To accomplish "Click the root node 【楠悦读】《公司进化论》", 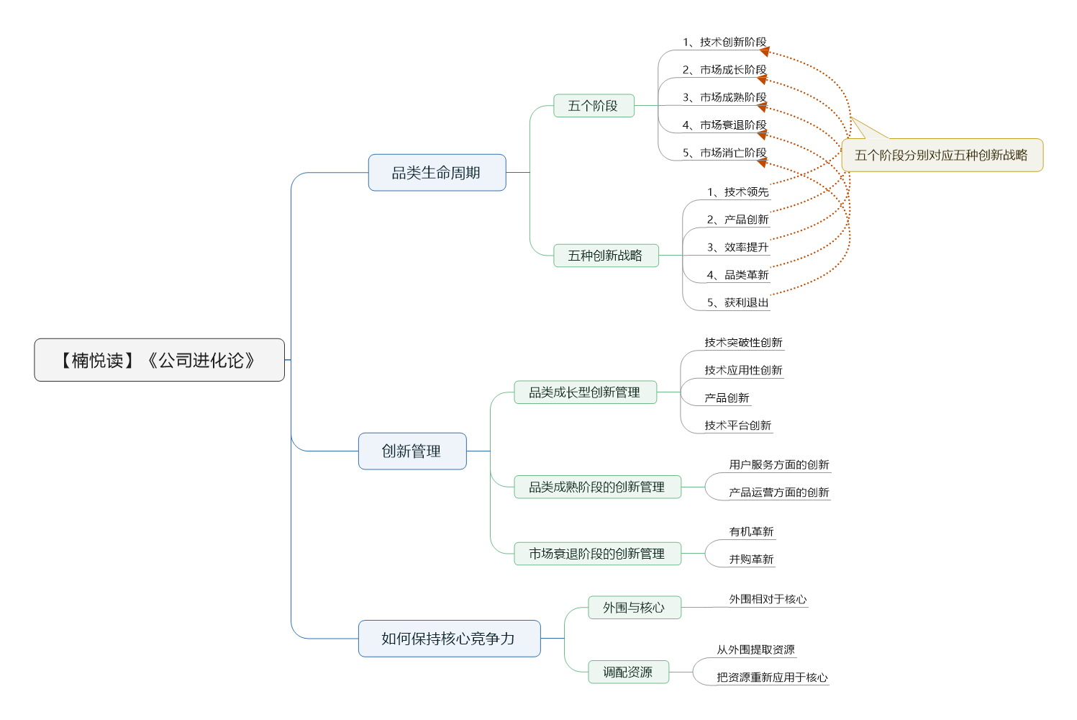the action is click(x=159, y=360).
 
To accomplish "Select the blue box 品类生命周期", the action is click(x=437, y=172).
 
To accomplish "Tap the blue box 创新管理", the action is click(x=412, y=451).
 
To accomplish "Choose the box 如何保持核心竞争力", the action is click(x=449, y=638).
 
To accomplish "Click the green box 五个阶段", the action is click(x=594, y=105).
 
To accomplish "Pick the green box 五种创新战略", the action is click(x=606, y=255).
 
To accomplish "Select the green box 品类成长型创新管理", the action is click(x=585, y=392).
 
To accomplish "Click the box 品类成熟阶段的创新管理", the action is click(x=597, y=487).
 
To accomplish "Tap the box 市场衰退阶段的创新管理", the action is click(x=597, y=554).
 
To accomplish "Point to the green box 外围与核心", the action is click(x=634, y=608).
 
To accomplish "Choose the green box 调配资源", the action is click(x=628, y=672).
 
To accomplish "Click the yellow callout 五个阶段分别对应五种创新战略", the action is click(x=942, y=155).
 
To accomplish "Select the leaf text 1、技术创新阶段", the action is click(x=724, y=42).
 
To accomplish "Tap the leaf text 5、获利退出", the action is click(x=737, y=302).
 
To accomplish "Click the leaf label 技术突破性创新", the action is click(x=743, y=343).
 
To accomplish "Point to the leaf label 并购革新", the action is click(x=751, y=559).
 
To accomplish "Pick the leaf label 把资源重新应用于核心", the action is click(x=772, y=678).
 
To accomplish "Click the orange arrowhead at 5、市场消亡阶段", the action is click(x=762, y=163).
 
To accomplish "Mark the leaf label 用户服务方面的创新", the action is click(x=779, y=465).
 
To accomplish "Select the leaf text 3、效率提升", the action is click(x=737, y=248).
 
